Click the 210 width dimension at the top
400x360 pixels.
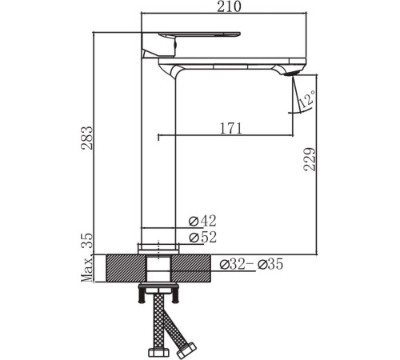223,8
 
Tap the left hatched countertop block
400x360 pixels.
120,266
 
